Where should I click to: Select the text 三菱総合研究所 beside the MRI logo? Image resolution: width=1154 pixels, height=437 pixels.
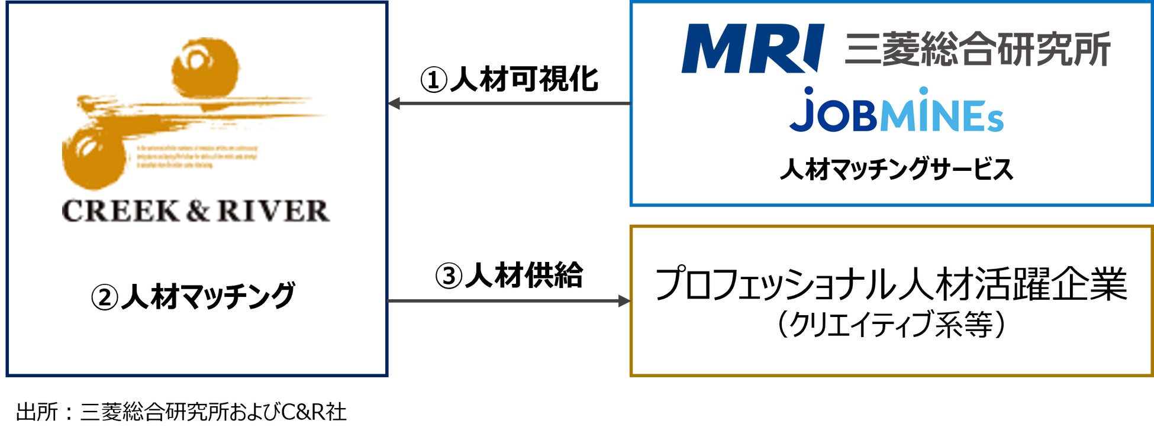coord(977,50)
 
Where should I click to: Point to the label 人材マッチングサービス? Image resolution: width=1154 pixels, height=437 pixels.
coord(896,170)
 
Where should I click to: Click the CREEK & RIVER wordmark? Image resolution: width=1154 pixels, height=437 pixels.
coord(195,212)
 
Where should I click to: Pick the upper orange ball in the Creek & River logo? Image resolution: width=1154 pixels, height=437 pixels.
coord(205,68)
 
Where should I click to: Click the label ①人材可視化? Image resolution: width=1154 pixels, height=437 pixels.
coord(509,79)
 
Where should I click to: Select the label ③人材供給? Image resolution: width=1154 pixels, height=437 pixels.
coord(509,276)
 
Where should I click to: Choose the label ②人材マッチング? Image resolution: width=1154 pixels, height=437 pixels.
coord(193,296)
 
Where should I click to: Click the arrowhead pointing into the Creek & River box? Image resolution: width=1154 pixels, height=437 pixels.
coord(395,103)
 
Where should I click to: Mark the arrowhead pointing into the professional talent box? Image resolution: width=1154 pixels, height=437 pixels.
coord(624,301)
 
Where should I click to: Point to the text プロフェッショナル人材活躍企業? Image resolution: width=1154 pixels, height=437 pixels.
coord(891,284)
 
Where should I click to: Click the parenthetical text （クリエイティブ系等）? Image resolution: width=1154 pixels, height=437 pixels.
coord(891,325)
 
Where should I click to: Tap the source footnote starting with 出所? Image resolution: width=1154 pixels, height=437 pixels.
coord(181,412)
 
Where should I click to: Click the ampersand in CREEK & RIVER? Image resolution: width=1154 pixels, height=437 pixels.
coord(198,212)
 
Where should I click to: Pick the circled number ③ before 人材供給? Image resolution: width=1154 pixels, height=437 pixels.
coord(449,276)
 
